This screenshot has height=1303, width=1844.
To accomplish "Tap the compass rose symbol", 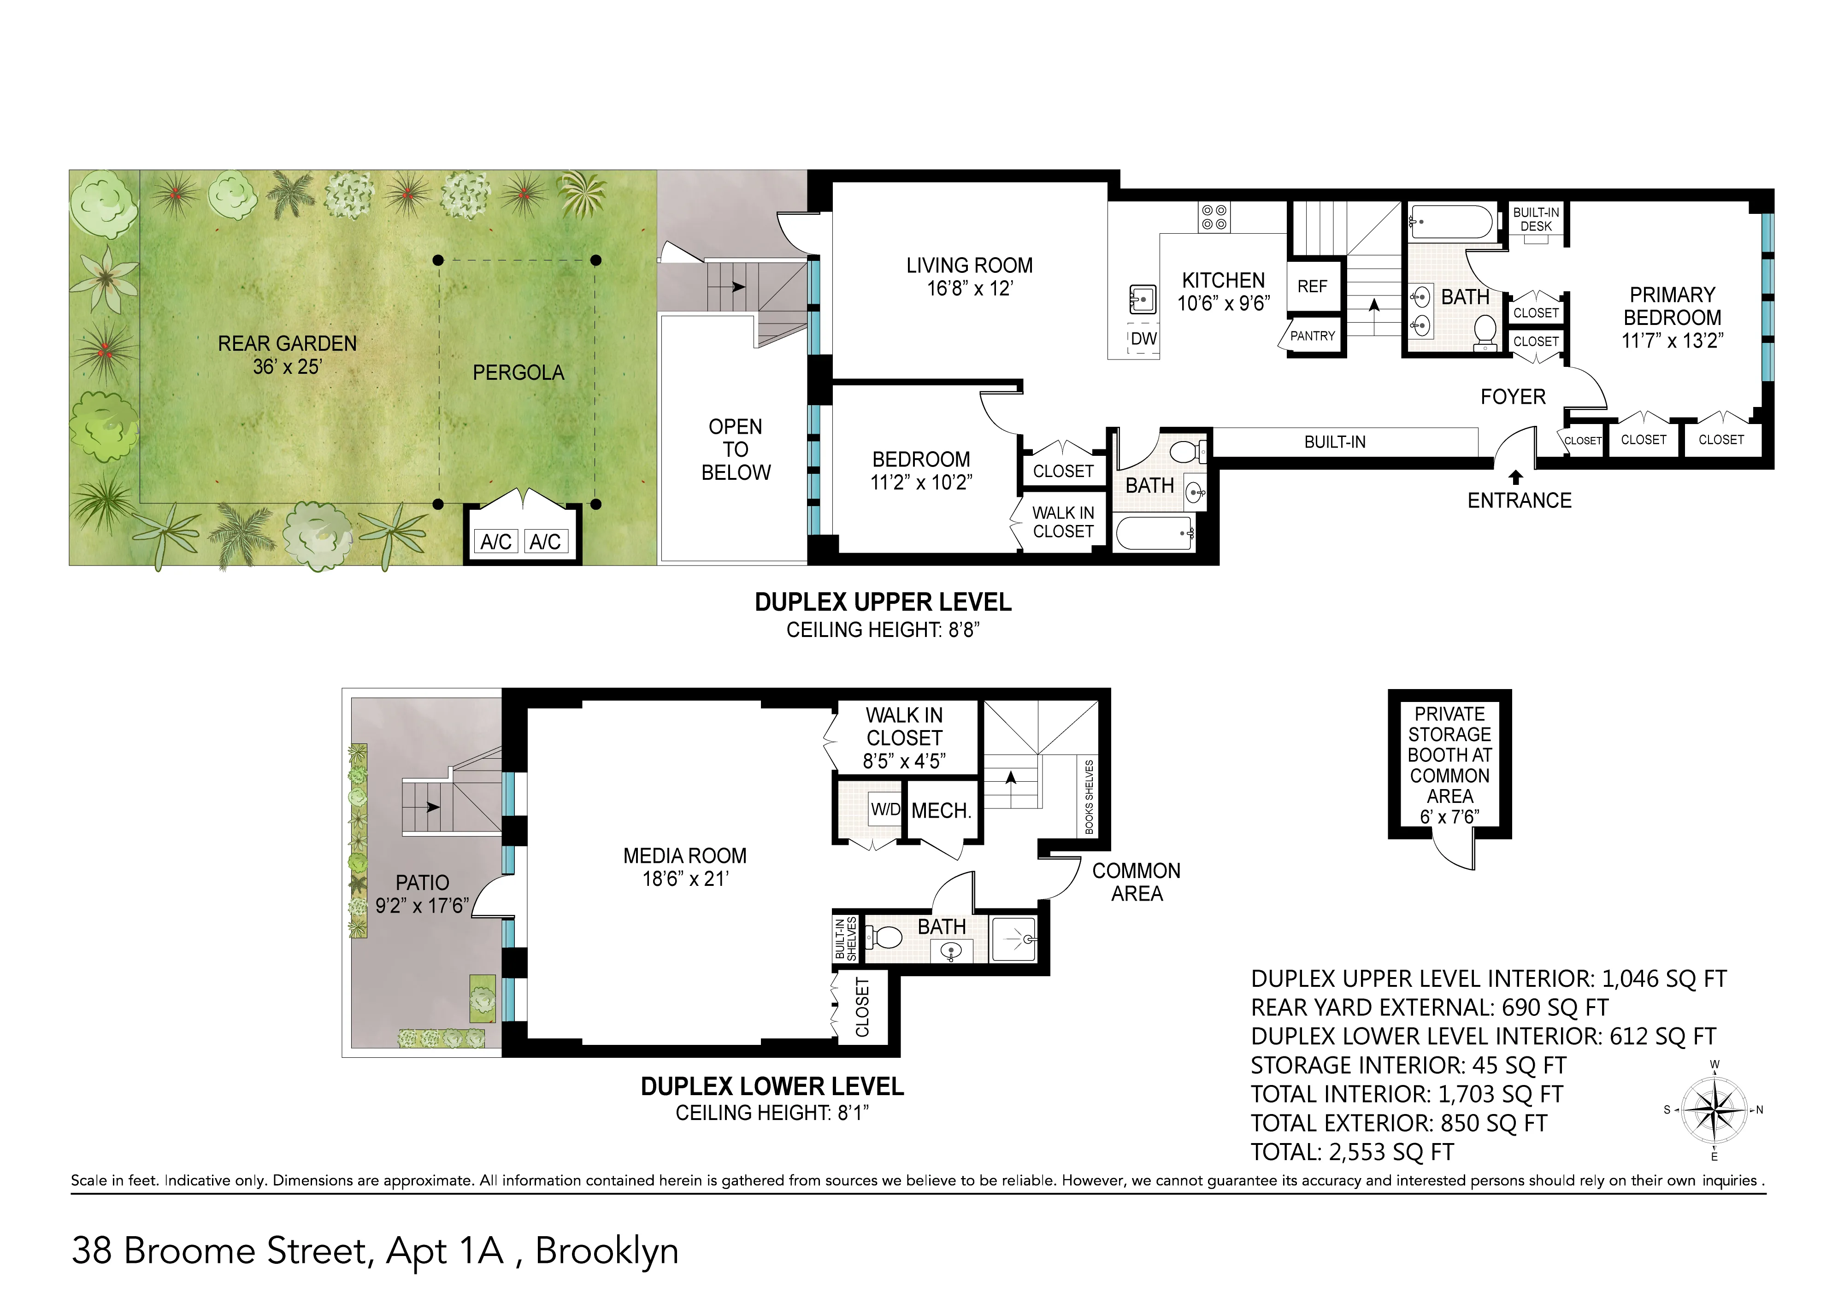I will click(x=1714, y=1111).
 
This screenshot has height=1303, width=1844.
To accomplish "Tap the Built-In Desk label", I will click(x=1536, y=219).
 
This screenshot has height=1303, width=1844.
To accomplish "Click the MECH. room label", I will click(x=941, y=811).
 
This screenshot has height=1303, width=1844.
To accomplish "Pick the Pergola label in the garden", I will click(x=518, y=373).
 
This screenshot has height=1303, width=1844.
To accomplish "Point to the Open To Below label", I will click(x=736, y=450).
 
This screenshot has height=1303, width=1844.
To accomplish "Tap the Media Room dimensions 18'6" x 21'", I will click(x=685, y=879).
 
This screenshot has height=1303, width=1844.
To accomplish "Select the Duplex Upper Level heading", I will click(x=883, y=602).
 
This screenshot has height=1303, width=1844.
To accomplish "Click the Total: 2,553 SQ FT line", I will click(x=1352, y=1152).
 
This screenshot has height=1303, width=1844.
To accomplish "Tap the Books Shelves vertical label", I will click(x=1089, y=797).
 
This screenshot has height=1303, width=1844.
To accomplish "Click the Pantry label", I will click(x=1312, y=336).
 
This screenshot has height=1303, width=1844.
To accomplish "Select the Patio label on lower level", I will click(x=423, y=883).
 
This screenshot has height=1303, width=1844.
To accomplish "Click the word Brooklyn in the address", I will click(x=607, y=1251).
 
